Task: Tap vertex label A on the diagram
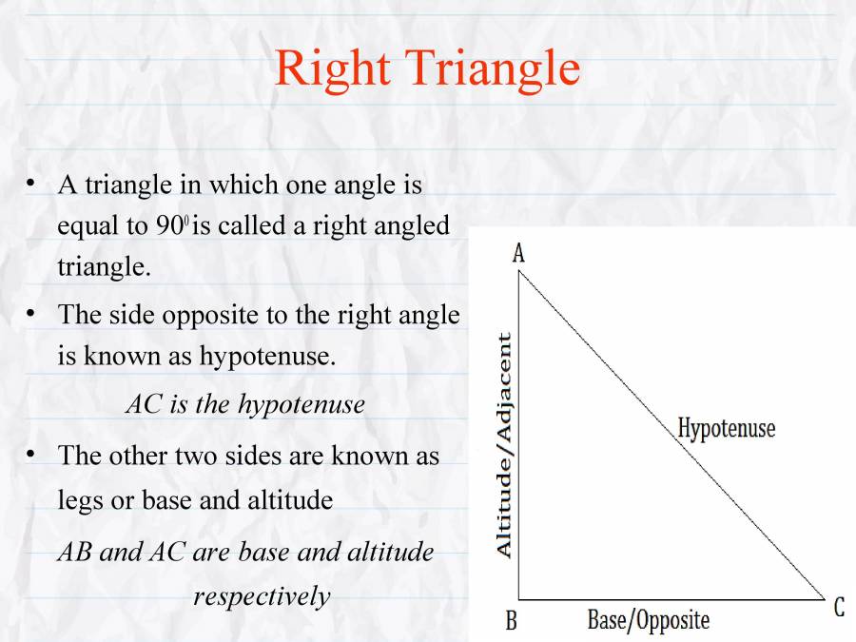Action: point(518,253)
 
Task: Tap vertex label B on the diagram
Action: point(511,622)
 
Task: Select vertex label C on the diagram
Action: point(839,608)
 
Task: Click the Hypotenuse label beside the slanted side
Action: point(727,429)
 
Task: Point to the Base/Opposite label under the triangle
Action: point(648,621)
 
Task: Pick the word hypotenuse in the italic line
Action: point(302,404)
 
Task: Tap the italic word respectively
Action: point(262,596)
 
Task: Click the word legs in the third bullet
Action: point(79,500)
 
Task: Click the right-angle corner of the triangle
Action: point(519,600)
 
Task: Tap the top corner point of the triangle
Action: point(519,271)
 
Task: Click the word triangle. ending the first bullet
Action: point(104,267)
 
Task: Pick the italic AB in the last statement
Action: point(75,552)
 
